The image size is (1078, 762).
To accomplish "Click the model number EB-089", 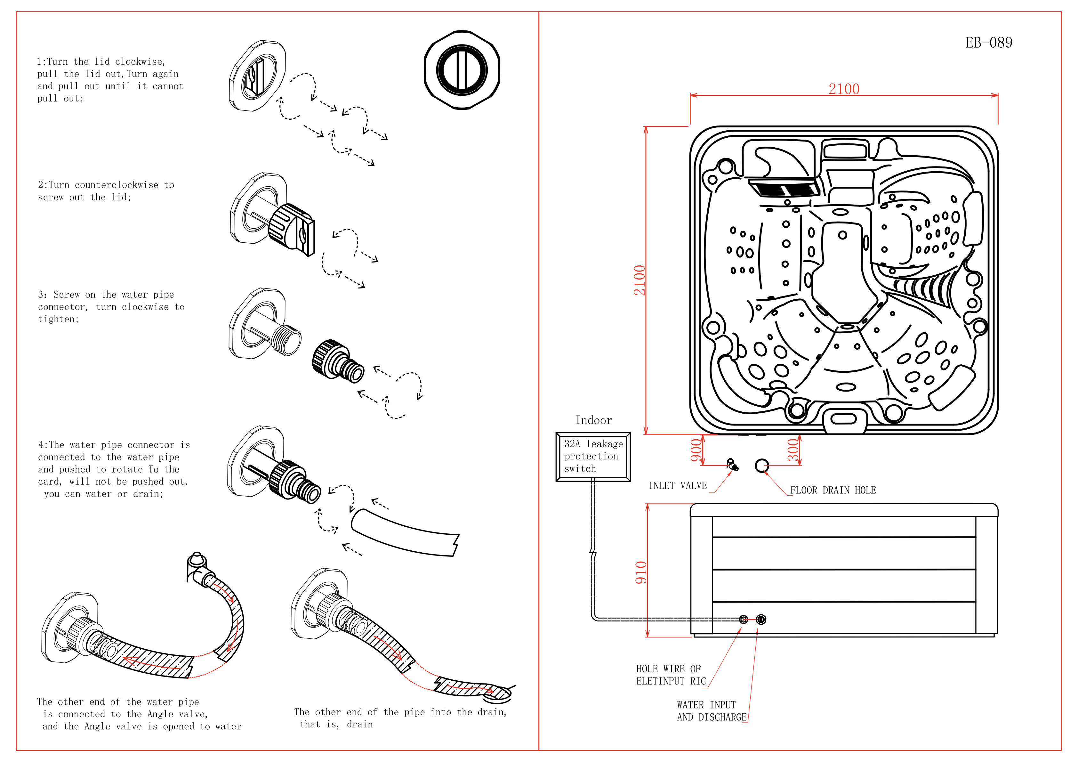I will (988, 43).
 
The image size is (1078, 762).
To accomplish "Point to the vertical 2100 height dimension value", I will (640, 280).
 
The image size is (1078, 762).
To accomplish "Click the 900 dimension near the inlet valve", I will (696, 450).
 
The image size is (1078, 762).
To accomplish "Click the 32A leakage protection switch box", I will (593, 457).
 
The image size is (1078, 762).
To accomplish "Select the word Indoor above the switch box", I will (593, 420).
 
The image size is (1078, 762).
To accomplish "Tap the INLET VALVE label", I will (678, 486).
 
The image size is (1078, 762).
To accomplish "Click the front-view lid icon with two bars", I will (462, 70).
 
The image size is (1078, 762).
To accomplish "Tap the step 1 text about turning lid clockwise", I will (110, 80).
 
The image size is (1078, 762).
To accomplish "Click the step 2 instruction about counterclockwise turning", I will (106, 191).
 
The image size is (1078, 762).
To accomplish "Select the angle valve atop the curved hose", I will (197, 565).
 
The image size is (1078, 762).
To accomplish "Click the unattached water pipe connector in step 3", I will (337, 361).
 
